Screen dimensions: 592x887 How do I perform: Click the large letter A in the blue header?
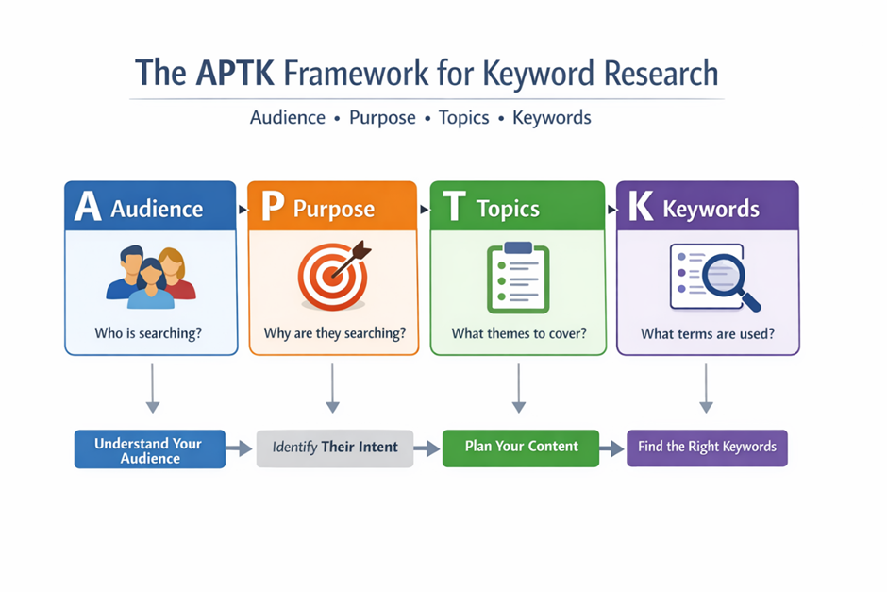pos(87,207)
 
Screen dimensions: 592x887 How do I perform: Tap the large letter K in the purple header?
pos(641,207)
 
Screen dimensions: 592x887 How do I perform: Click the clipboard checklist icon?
pos(516,277)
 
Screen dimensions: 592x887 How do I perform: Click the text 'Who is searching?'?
pos(150,333)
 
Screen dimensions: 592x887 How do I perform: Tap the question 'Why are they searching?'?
pos(334,333)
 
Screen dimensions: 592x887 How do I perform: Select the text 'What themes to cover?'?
pos(518,333)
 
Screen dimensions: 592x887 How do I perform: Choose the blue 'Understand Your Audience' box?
pos(149,449)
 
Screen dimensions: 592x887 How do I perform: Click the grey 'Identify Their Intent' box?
pos(335,447)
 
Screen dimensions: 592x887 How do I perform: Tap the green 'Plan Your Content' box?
pos(521,446)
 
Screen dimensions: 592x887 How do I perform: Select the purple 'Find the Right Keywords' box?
pos(707,447)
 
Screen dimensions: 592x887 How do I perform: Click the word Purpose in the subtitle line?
pos(382,118)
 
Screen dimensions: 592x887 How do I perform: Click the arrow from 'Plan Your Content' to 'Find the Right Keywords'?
pos(612,448)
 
